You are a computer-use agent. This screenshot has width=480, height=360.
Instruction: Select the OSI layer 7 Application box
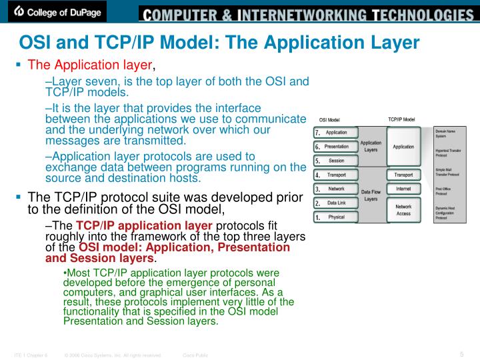coord(336,133)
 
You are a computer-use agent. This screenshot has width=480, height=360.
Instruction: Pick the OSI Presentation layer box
coord(336,147)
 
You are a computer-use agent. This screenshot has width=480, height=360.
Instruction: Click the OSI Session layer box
coord(336,161)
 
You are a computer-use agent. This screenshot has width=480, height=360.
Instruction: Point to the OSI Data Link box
coord(336,203)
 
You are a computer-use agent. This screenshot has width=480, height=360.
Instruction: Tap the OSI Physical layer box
coord(336,217)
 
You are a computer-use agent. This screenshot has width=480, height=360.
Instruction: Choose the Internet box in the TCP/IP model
coord(403,189)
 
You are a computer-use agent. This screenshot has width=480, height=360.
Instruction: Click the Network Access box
coord(403,210)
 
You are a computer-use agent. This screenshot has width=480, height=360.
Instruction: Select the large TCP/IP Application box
coord(403,147)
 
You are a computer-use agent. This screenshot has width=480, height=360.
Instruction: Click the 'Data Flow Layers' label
coord(371,195)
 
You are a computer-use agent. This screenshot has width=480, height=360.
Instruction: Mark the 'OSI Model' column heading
coord(329,120)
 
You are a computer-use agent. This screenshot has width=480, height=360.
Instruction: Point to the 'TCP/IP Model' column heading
coord(401,120)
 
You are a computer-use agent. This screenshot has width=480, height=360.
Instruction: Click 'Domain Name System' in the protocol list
coord(446,133)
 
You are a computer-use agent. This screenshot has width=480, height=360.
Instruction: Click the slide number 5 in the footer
coord(462,353)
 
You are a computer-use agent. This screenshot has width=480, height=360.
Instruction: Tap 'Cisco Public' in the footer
coord(195,355)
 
